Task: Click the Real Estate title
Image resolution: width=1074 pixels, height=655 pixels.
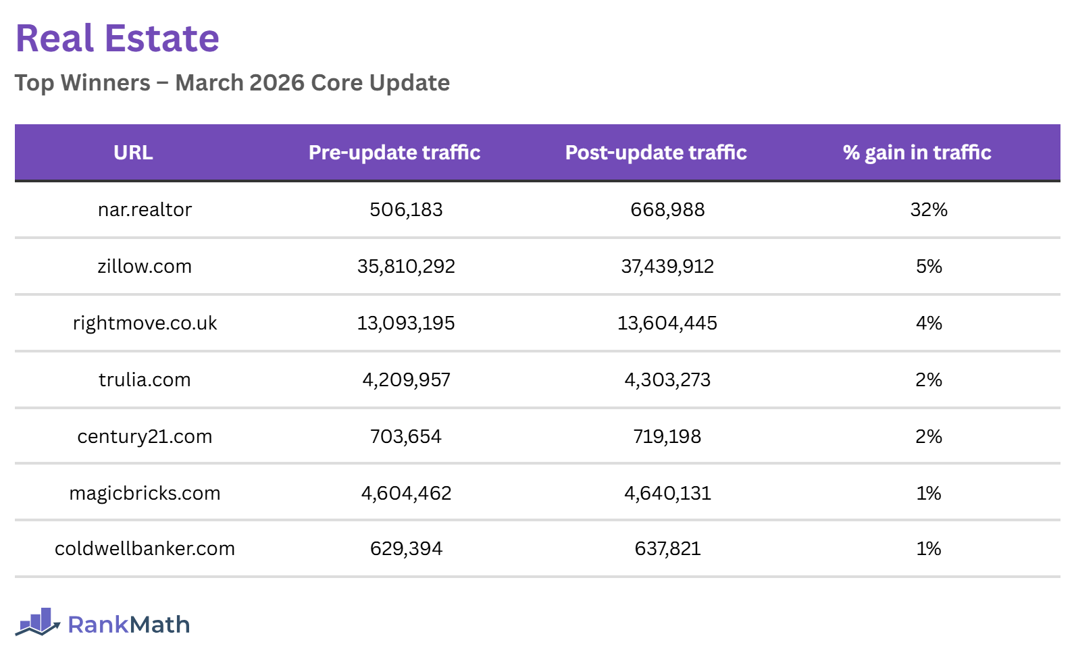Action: [117, 38]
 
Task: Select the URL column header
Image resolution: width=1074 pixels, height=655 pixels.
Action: [133, 153]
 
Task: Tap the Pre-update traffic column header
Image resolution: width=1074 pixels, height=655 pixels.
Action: [394, 153]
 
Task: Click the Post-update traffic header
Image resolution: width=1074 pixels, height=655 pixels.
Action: [656, 153]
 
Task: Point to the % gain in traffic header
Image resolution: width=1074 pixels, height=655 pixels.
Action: [917, 153]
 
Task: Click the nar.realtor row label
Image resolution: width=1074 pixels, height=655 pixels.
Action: [145, 210]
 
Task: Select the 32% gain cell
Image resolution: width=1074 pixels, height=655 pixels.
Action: [929, 210]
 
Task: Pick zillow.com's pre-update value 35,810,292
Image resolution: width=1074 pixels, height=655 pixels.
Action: [406, 267]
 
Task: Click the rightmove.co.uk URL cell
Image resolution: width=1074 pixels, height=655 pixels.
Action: [145, 323]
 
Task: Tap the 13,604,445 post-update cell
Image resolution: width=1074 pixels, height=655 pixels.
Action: [667, 323]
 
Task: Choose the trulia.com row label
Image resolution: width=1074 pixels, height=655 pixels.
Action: [145, 380]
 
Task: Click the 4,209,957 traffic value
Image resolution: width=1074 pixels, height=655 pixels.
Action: [406, 380]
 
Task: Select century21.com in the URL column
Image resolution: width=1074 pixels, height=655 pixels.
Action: [145, 437]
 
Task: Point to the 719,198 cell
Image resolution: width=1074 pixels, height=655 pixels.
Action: [667, 437]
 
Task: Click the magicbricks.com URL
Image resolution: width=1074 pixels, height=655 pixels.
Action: [145, 494]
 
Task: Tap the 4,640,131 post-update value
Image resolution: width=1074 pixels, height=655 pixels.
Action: [667, 494]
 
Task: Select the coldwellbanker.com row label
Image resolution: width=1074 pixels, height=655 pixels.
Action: [145, 549]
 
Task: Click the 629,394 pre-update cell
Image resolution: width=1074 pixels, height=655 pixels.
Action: [406, 549]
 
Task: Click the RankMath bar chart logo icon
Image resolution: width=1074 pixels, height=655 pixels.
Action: [38, 622]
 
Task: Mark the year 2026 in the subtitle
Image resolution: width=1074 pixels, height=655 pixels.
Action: [277, 83]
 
